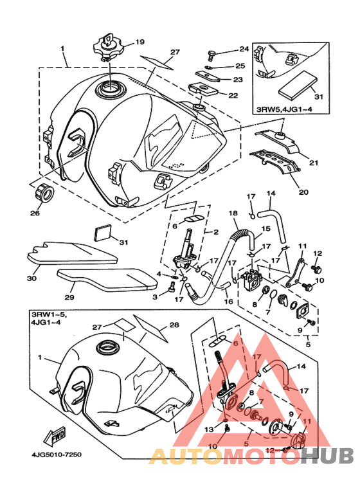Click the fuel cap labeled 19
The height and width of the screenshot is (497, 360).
tap(109, 48)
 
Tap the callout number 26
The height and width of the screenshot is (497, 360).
tap(35, 213)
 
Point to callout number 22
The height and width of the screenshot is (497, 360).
tap(233, 95)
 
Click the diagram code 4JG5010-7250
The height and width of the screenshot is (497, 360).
tap(57, 455)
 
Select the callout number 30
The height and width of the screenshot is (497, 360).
tap(32, 278)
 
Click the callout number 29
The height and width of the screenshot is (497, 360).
tap(69, 297)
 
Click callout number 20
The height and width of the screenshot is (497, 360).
tap(303, 192)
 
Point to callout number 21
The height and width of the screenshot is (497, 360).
tap(314, 163)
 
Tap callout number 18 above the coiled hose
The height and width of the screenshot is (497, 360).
tap(233, 213)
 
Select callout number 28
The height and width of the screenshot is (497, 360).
tap(174, 325)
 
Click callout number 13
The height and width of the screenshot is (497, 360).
tap(209, 429)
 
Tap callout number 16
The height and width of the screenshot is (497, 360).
tap(228, 301)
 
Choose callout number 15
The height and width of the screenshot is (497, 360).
tap(265, 228)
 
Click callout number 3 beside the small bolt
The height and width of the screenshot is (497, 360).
tap(155, 296)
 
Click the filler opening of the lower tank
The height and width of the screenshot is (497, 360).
tap(107, 347)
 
